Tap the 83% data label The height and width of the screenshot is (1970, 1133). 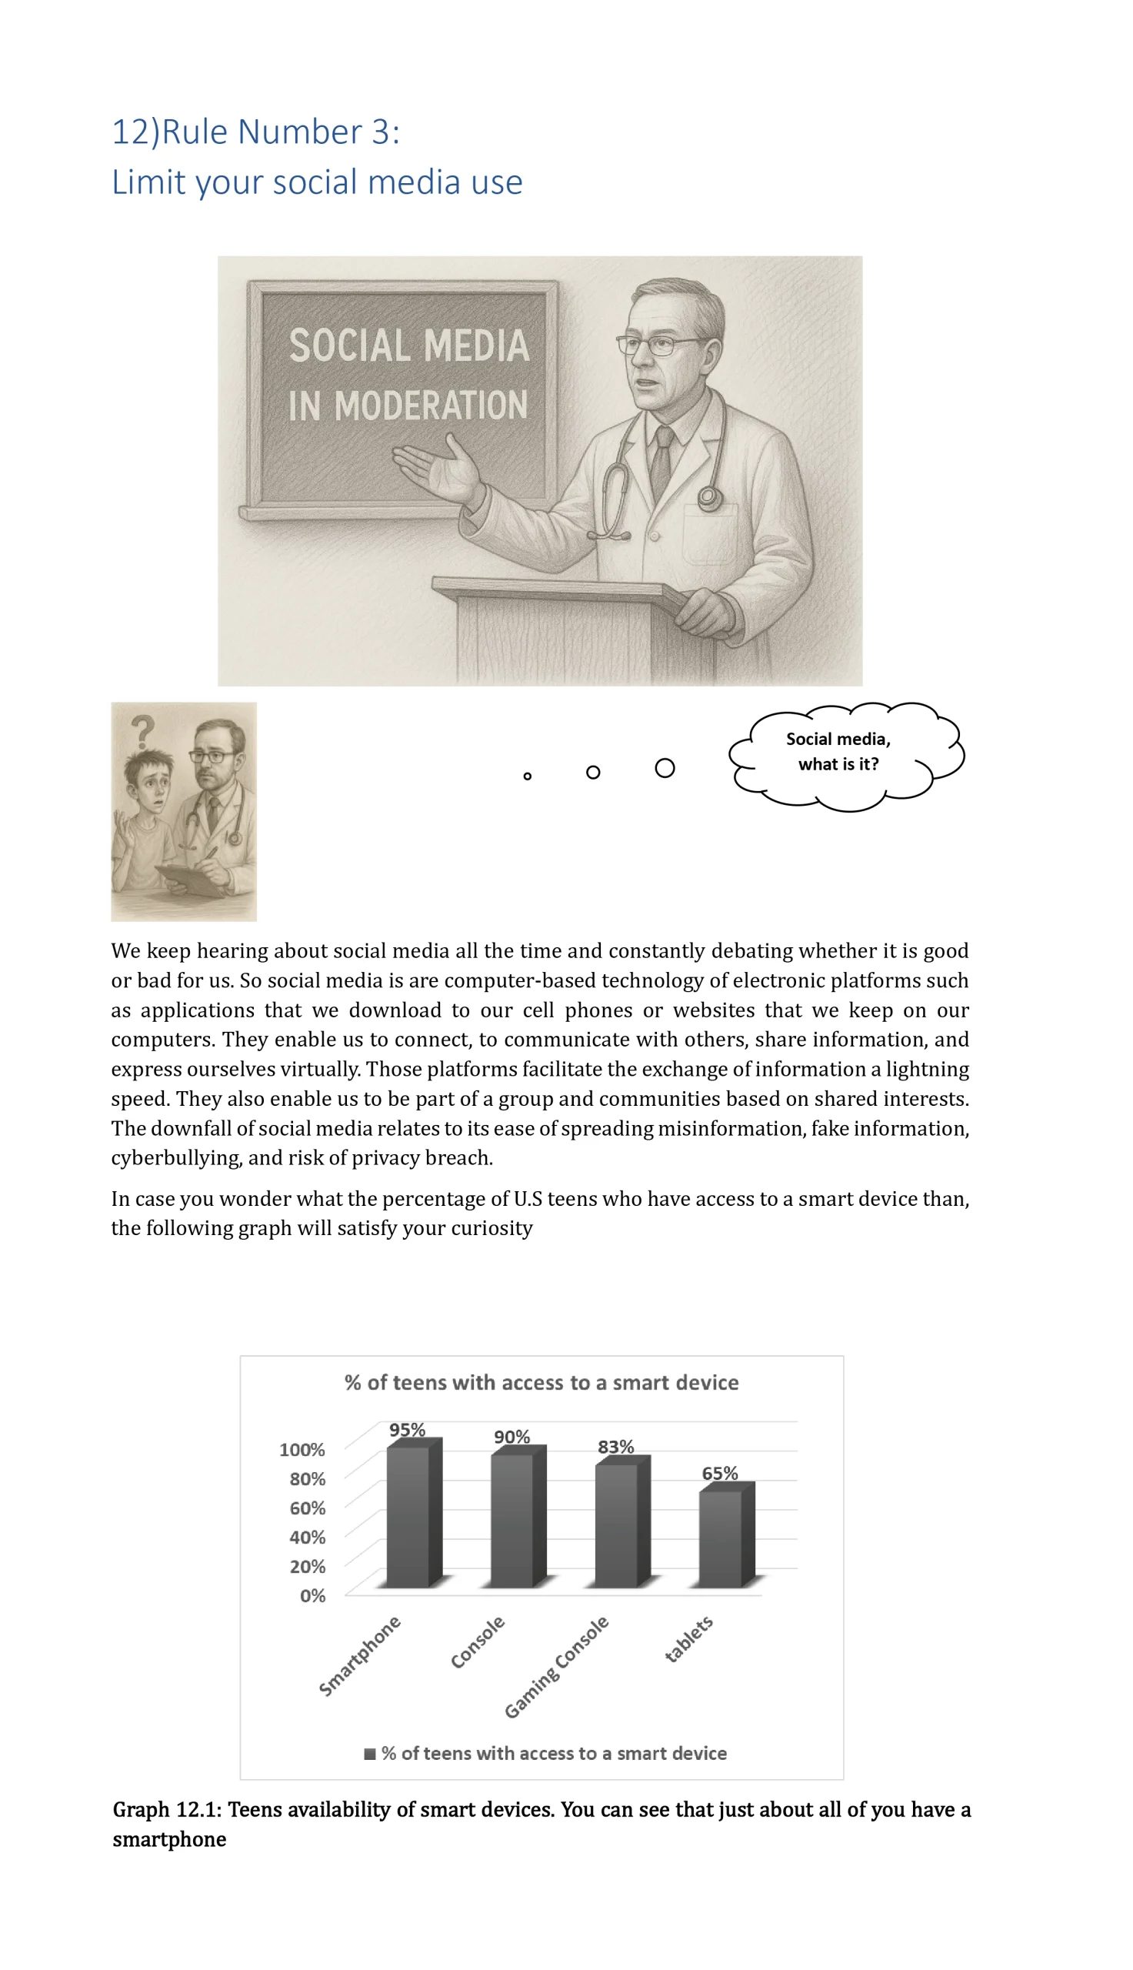pyautogui.click(x=615, y=1447)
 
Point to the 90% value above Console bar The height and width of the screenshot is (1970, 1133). pyautogui.click(x=512, y=1437)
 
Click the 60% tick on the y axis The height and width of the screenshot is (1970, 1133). pyautogui.click(x=307, y=1508)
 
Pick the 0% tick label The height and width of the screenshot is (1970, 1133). pyautogui.click(x=312, y=1595)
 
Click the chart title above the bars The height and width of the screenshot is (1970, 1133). pyautogui.click(x=542, y=1382)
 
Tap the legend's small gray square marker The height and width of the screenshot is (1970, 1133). pyautogui.click(x=371, y=1753)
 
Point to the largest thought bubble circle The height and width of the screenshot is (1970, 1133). pyautogui.click(x=665, y=768)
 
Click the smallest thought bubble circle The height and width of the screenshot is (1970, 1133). pyautogui.click(x=528, y=776)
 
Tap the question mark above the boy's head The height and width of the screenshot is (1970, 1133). pyautogui.click(x=142, y=733)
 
